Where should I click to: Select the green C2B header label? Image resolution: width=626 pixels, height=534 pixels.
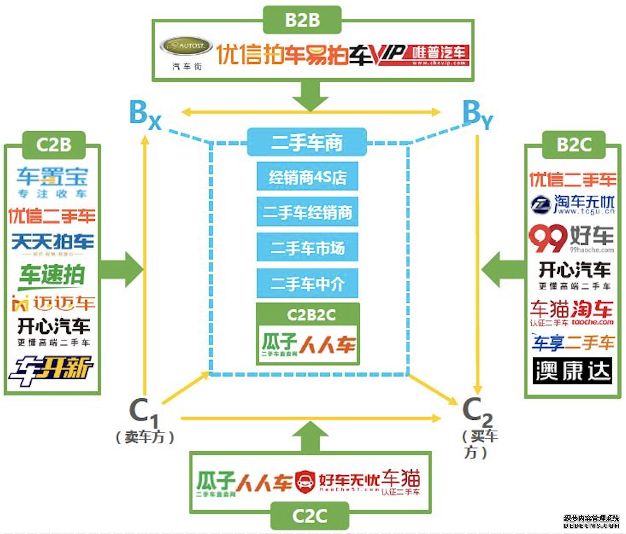tap(54, 145)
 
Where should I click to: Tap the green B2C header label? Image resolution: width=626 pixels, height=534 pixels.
tap(573, 145)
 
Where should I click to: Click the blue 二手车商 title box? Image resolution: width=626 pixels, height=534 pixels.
tap(307, 143)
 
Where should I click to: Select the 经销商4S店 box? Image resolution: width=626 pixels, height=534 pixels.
tap(307, 178)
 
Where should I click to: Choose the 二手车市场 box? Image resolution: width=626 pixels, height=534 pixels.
tap(307, 249)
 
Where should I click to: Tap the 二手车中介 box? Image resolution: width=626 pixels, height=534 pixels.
tap(307, 284)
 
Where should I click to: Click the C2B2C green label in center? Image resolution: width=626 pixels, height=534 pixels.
tap(308, 314)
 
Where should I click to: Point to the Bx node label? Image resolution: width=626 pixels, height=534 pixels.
tap(145, 114)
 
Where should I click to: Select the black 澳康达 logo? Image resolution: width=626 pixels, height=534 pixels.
tap(572, 371)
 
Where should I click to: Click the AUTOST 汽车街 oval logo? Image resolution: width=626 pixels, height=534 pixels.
tap(186, 48)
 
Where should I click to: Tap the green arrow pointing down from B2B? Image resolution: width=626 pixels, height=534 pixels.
tap(310, 95)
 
